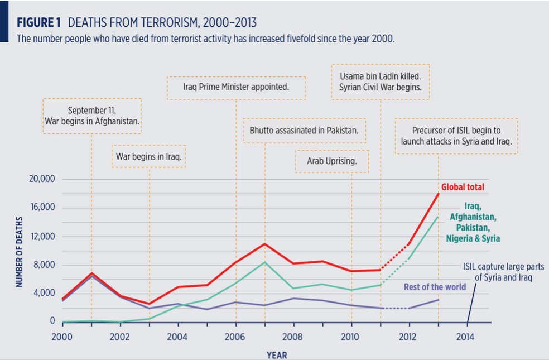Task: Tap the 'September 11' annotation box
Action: pos(92,116)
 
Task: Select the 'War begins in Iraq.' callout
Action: pos(149,157)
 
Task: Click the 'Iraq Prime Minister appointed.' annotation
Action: pos(236,88)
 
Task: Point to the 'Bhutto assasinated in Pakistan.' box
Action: pos(304,131)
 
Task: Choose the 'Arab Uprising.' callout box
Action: pos(331,161)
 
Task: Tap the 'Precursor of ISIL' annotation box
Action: pos(456,136)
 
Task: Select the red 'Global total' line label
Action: pos(463,187)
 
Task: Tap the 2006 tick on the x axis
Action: pos(235,337)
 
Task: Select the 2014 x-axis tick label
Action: pos(467,337)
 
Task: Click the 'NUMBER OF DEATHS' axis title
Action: pos(19,252)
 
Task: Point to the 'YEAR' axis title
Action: pos(277,354)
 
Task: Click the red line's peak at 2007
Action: pos(264,243)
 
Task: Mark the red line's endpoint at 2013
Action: pos(439,193)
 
